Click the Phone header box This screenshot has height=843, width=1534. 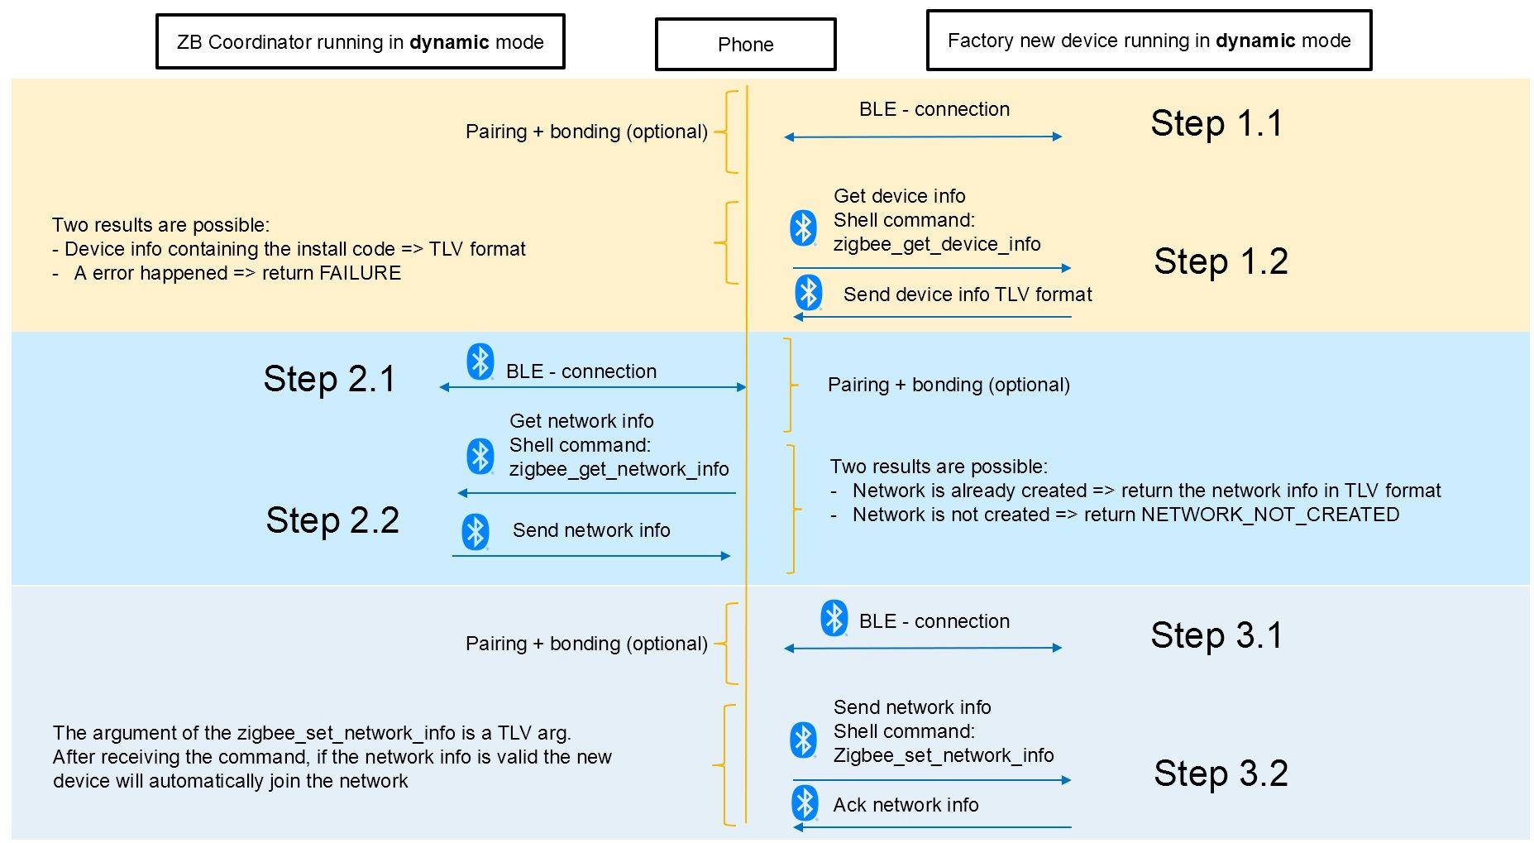(745, 45)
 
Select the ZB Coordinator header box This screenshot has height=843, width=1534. (361, 42)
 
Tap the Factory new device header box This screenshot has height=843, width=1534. (1149, 41)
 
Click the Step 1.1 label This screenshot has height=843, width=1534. (1216, 123)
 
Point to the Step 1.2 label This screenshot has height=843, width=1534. (1221, 261)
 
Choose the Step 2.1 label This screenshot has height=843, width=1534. (329, 379)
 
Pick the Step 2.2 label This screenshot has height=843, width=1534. (332, 520)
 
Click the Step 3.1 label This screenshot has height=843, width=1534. (1216, 635)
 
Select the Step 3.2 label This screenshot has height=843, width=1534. (1221, 774)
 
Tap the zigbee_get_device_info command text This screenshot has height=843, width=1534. (936, 244)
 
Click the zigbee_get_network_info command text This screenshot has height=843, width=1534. (619, 469)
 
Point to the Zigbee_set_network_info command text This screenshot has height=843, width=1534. (943, 755)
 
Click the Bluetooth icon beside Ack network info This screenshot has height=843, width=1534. (805, 803)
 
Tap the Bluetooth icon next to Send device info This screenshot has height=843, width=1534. (808, 292)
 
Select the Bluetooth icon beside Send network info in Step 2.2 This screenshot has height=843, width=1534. (475, 531)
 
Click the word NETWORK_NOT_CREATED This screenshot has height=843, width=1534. (1270, 515)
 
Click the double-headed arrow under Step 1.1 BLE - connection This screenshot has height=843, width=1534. (923, 137)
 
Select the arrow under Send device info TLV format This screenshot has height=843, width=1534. (932, 316)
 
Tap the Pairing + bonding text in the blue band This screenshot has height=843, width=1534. (949, 385)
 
